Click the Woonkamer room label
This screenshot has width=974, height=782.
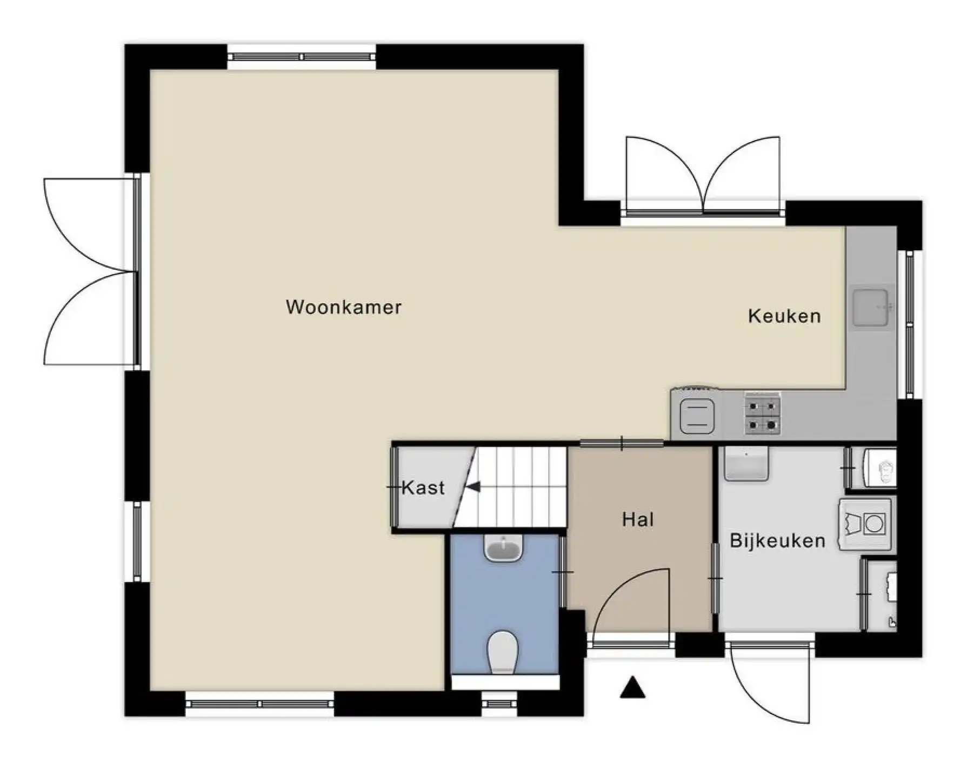point(344,307)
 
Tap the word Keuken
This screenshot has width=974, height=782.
point(784,316)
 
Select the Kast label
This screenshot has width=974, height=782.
point(423,487)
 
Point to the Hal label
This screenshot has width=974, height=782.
point(638,519)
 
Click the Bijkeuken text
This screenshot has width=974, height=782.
point(777,540)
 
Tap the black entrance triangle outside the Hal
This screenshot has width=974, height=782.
point(632,687)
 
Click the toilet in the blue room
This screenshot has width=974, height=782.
point(502,652)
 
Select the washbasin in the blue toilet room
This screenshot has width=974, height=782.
point(504,547)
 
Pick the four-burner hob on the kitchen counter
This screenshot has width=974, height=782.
point(762,413)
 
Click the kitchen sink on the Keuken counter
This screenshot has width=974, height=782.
point(871,308)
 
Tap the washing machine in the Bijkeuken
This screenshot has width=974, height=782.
point(865,524)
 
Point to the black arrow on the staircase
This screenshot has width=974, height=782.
point(473,487)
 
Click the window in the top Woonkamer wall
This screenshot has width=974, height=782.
point(301,57)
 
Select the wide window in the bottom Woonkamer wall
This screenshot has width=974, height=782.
point(260,704)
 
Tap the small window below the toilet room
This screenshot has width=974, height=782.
point(500,704)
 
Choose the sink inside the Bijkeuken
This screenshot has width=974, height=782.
point(746,464)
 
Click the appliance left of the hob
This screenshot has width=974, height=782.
point(697,417)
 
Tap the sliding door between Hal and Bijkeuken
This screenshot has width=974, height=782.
point(716,578)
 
